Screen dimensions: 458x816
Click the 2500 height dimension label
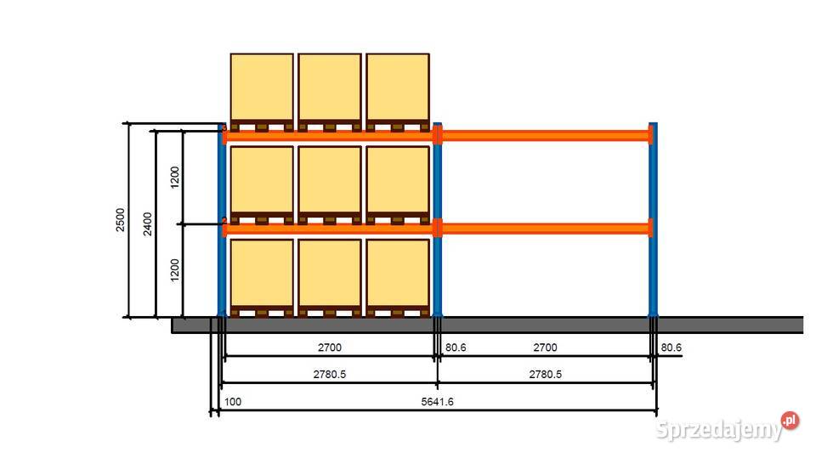point(120,219)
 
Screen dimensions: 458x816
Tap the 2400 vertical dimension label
point(148,224)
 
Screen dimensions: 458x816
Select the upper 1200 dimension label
point(175,178)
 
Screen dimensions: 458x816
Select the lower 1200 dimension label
point(175,270)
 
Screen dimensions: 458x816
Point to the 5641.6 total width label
point(437,402)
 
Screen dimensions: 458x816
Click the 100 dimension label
point(233,402)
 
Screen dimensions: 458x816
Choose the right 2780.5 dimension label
point(545,375)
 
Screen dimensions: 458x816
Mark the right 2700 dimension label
point(545,348)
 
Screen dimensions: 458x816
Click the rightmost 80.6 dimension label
point(671,348)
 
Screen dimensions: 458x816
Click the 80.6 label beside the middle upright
point(456,348)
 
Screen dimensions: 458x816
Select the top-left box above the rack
point(262,88)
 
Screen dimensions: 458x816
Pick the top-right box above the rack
point(398,88)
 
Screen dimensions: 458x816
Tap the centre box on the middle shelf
point(330,180)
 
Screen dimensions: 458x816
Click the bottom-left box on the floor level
point(262,273)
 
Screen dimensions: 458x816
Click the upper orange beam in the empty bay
point(545,134)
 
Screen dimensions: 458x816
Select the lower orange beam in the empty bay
point(545,227)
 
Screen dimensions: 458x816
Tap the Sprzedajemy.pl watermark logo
point(728,428)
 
